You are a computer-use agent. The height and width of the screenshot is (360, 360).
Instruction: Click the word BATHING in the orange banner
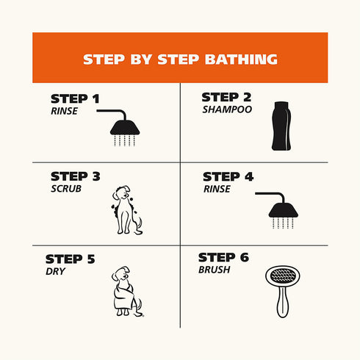241,60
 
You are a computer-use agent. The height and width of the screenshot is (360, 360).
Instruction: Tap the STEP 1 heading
75,98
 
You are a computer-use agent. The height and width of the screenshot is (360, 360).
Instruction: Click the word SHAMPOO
227,109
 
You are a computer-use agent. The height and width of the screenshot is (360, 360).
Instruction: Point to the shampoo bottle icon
281,126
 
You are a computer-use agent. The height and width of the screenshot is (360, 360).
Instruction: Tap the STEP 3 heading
76,176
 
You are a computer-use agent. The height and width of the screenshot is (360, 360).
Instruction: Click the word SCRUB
66,189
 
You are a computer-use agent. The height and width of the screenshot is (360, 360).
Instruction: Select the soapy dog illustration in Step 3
127,210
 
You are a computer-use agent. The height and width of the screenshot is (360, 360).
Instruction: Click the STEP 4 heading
228,177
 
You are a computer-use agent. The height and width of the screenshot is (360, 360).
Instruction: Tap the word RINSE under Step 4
217,189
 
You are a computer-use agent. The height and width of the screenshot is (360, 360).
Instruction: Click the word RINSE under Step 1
64,111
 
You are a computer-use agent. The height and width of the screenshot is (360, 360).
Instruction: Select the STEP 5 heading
70,259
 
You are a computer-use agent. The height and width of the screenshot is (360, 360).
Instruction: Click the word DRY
55,271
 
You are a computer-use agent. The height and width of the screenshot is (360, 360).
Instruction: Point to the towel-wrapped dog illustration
127,292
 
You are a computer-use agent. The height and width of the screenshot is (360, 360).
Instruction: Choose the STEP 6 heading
223,257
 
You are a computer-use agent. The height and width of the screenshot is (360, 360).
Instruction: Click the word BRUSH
215,270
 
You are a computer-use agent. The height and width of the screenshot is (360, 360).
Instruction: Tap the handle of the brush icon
282,302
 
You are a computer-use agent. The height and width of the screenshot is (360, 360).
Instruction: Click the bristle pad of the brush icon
283,276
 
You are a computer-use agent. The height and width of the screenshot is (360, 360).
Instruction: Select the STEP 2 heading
226,97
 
